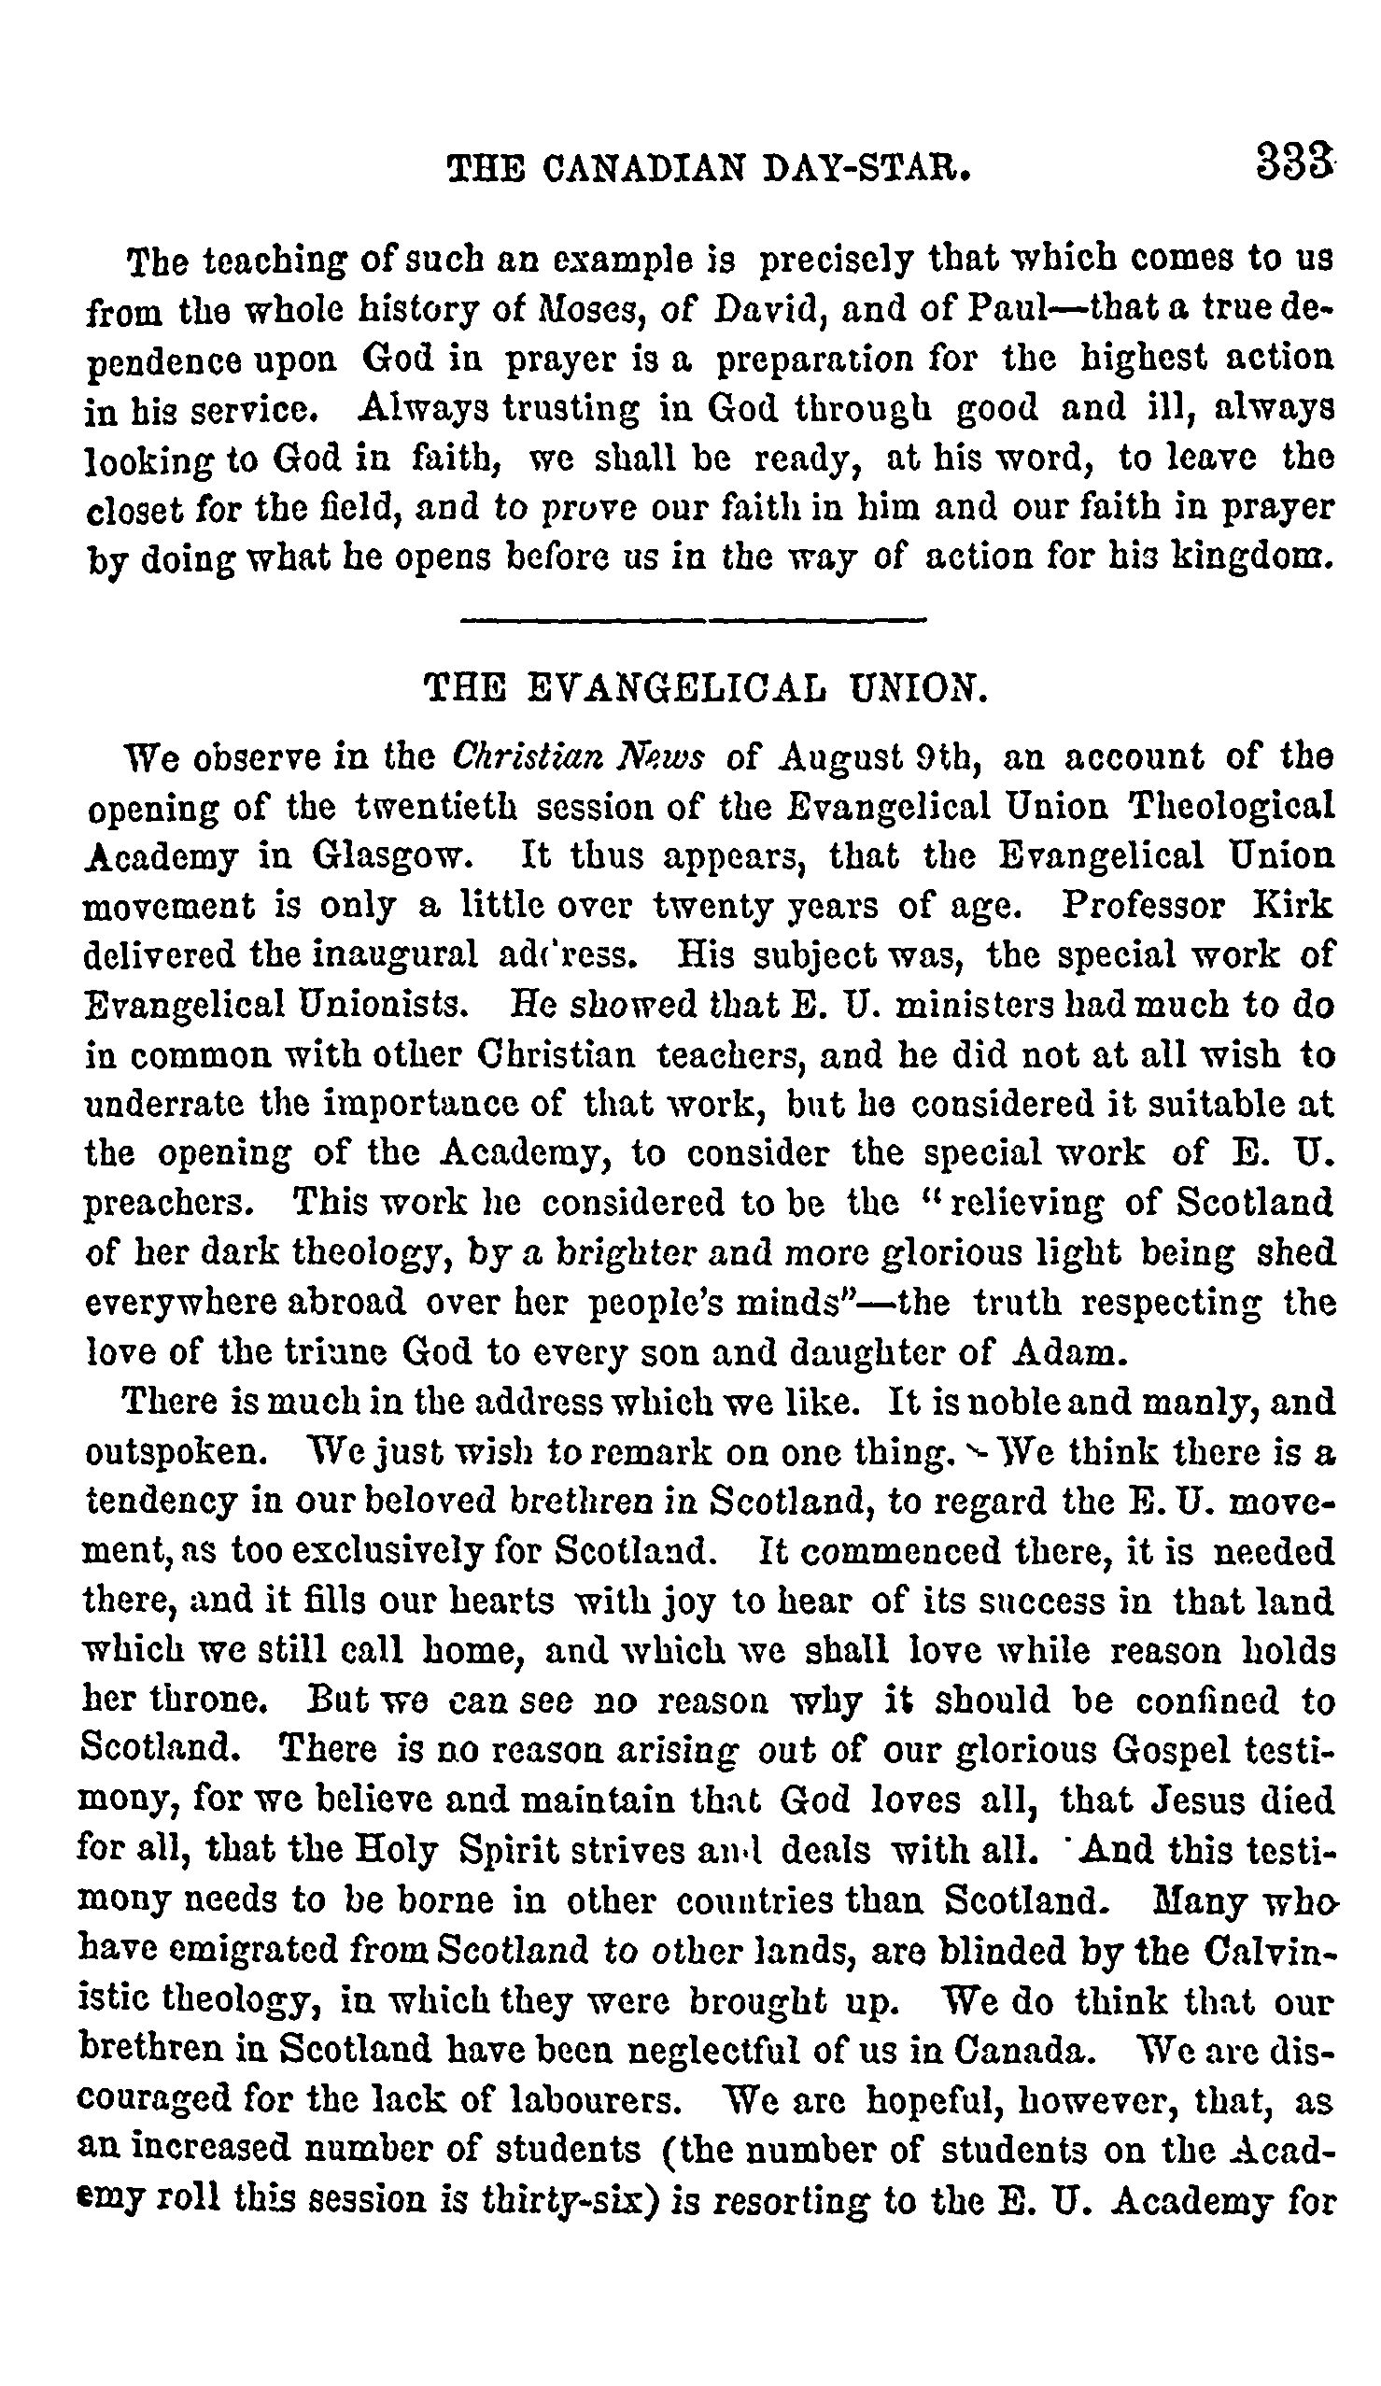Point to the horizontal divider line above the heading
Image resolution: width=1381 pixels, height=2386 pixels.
pyautogui.click(x=691, y=621)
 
